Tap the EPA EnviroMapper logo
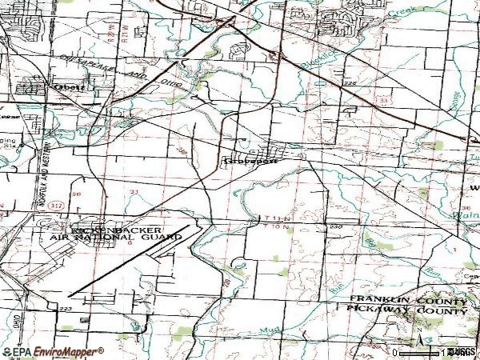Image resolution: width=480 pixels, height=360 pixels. click(53, 351)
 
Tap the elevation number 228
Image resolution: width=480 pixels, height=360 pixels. click(349, 82)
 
